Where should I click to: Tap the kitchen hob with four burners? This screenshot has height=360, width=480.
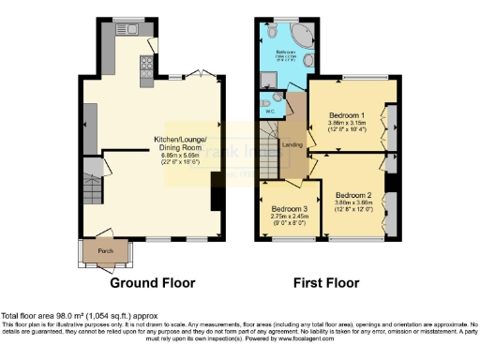146,65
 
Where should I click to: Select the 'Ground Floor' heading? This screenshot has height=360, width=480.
151,282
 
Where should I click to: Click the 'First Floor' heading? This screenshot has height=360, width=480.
330,282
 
